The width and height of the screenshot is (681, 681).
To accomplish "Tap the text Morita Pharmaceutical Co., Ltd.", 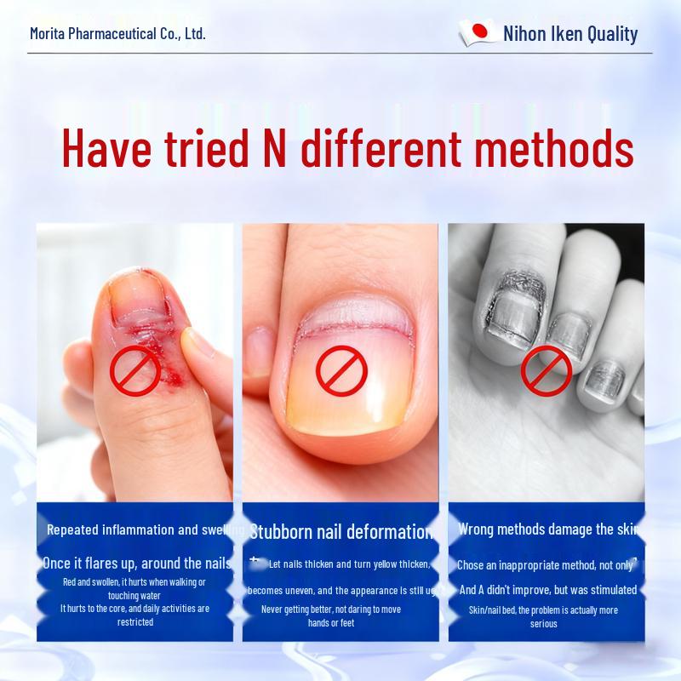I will (117, 34).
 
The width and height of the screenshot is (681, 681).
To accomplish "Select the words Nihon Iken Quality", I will (570, 34).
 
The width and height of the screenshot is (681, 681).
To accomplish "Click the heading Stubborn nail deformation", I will (340, 532).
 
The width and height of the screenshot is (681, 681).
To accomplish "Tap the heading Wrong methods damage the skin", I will (547, 529).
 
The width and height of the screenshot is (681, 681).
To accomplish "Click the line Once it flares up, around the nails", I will (136, 564).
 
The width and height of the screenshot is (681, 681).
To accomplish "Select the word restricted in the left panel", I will (134, 621).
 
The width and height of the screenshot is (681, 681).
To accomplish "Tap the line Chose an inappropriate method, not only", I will (545, 565).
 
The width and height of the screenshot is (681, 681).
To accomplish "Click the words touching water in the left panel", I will (134, 596).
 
